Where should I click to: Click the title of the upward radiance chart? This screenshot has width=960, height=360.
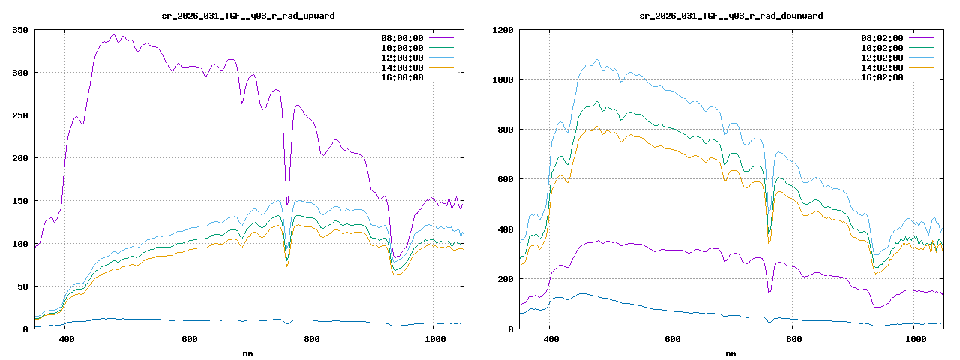point(248,16)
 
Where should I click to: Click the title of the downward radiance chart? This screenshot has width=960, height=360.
point(731,16)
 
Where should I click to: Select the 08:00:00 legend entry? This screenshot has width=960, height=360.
point(403,38)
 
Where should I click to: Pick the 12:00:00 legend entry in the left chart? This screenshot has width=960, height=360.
point(403,58)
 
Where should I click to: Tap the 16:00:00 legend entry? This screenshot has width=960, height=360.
point(403,77)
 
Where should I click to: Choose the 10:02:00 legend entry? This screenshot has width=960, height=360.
point(883,48)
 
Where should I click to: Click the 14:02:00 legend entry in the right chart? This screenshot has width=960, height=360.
point(883,67)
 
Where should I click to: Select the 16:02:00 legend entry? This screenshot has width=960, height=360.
point(883,77)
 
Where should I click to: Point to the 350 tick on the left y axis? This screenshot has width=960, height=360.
point(20,30)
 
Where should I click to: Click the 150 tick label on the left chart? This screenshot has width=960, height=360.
point(20,201)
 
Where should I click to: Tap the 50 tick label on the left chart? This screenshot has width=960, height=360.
point(22,286)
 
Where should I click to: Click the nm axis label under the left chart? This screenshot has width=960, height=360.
point(248,352)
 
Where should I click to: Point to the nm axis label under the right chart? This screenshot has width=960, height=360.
point(731,352)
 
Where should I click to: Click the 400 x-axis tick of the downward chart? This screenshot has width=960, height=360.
point(550,340)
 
